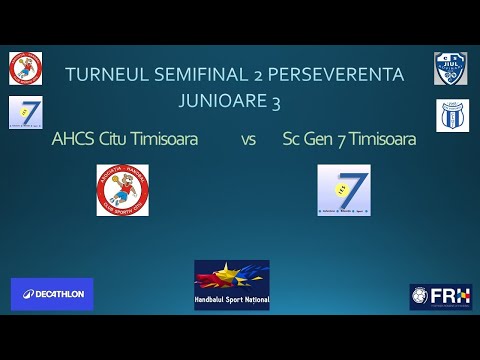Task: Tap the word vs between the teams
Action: (248, 140)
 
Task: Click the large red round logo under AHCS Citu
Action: (122, 190)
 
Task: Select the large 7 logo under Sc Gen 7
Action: (344, 190)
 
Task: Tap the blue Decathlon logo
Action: (52, 294)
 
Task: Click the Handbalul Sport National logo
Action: (231, 285)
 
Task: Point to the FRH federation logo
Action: (440, 297)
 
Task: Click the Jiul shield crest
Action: (450, 68)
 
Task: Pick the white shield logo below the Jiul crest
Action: (452, 115)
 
